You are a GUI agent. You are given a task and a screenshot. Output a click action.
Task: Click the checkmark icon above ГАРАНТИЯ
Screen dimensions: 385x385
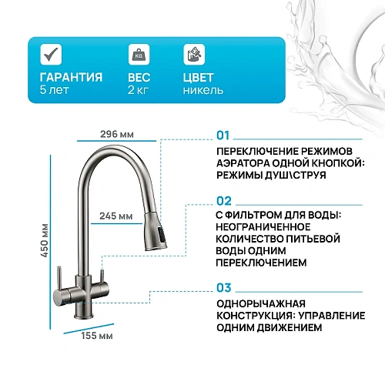point(51,54)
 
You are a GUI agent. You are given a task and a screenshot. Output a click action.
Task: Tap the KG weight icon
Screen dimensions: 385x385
point(139,54)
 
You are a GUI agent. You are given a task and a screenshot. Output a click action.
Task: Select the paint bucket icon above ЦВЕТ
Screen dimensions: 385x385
point(194,54)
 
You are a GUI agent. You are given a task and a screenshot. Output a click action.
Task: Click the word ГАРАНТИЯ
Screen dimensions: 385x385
point(71,77)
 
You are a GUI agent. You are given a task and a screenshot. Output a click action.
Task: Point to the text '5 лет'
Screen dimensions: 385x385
point(54,90)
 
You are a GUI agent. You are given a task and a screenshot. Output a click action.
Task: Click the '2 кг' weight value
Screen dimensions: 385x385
point(138,90)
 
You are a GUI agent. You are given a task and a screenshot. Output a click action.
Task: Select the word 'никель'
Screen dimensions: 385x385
point(203,90)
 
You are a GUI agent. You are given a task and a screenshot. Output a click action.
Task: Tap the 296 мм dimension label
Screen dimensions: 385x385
point(117,134)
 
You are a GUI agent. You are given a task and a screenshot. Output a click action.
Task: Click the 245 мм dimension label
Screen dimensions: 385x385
point(116,216)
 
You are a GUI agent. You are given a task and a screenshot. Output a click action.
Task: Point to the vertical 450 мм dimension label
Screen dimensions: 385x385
point(45,240)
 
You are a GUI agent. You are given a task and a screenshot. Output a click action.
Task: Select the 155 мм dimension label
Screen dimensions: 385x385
point(97,336)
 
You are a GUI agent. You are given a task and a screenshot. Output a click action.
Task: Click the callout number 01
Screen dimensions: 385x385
point(223,136)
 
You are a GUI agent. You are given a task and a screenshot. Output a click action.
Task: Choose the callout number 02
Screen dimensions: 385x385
point(224,201)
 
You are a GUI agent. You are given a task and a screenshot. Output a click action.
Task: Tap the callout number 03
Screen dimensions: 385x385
point(224,288)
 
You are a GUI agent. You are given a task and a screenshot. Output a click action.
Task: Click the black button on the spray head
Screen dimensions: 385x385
point(162,235)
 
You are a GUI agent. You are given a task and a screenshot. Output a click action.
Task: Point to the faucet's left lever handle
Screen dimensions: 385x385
point(59,279)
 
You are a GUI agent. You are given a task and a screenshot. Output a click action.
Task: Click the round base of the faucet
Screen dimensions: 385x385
point(82,312)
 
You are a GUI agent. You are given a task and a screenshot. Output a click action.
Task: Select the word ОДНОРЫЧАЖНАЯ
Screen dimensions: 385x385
point(261,304)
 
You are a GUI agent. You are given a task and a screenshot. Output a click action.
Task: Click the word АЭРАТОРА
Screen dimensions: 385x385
point(243,163)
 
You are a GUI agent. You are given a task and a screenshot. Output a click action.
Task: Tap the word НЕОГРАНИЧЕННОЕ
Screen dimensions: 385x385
point(263,227)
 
